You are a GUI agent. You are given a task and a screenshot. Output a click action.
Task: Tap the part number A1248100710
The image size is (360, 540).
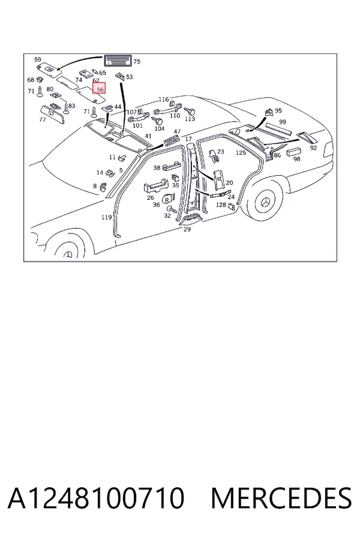97,498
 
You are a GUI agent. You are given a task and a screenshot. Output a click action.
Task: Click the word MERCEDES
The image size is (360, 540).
281,498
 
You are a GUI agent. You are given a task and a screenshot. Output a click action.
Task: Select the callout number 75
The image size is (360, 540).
137,62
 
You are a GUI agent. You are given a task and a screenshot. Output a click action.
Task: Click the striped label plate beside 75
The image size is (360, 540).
118,61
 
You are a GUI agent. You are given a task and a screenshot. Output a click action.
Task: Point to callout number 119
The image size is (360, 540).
106,217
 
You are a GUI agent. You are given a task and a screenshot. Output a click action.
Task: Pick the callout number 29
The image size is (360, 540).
187,229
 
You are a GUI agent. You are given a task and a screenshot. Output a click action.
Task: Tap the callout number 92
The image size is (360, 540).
313,148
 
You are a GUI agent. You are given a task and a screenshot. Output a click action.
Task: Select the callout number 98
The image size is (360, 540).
296,159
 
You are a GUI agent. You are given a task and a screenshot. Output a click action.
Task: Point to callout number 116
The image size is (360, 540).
164,100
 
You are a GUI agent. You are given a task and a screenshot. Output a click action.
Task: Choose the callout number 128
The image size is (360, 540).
221,205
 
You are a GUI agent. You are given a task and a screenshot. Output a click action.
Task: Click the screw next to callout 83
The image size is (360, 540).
66,109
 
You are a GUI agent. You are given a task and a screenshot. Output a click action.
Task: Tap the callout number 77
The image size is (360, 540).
43,120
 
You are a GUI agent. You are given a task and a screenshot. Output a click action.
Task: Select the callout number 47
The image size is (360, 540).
177,131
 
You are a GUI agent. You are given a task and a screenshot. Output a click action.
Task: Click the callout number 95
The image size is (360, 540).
278,110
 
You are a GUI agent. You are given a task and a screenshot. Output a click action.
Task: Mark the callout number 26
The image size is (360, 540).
150,197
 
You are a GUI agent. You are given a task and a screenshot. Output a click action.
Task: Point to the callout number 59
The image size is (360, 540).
38,60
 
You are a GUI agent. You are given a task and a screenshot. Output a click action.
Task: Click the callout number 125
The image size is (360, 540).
241,152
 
